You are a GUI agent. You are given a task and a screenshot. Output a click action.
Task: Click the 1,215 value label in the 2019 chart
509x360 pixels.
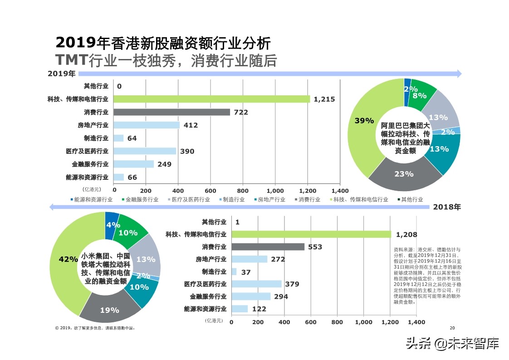(x=324, y=99)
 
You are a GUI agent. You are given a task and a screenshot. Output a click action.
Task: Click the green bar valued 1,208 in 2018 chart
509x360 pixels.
(x=311, y=234)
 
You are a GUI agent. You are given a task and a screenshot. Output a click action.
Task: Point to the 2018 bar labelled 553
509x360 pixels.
(x=268, y=247)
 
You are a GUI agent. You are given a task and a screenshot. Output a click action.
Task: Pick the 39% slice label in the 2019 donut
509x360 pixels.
(x=364, y=120)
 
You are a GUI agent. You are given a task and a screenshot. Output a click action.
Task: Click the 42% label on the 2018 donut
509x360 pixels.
(x=68, y=259)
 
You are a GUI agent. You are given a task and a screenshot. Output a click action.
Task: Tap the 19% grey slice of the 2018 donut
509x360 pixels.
(x=109, y=310)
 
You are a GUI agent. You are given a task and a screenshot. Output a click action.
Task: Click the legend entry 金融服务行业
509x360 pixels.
(x=141, y=199)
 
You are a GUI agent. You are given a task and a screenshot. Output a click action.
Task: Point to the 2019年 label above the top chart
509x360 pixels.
(x=62, y=74)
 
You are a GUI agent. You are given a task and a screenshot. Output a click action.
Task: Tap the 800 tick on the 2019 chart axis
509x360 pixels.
(x=243, y=191)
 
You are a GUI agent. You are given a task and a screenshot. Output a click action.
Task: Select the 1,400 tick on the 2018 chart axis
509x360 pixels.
(x=416, y=322)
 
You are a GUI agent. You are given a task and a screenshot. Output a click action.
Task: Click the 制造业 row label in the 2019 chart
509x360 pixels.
(x=96, y=138)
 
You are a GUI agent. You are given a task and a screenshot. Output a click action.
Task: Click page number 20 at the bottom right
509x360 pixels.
(x=451, y=328)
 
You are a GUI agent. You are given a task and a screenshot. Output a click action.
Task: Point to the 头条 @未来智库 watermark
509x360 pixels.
(x=452, y=344)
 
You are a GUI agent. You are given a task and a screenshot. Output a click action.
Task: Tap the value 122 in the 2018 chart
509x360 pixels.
(x=259, y=309)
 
